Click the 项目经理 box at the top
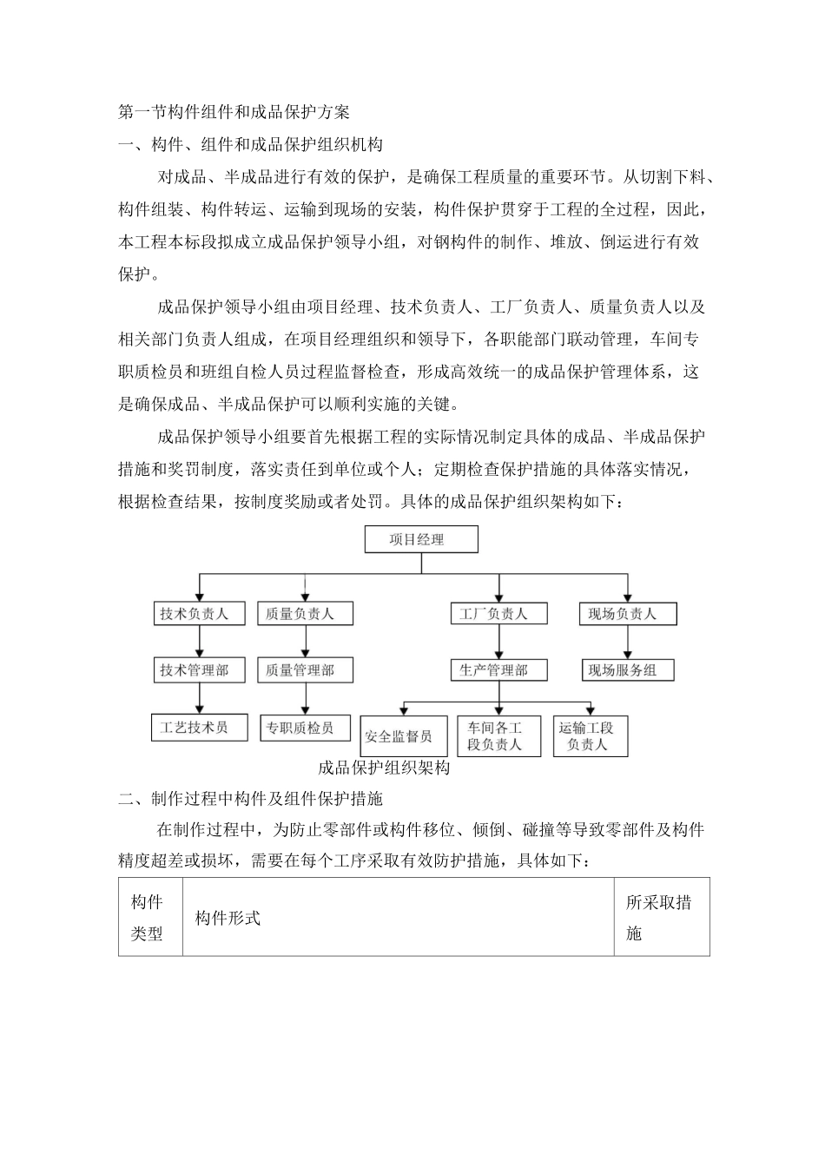tap(421, 539)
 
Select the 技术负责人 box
tap(195, 613)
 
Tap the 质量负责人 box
tap(300, 613)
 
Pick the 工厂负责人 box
tap(493, 613)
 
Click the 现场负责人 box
tap(622, 613)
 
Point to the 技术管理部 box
tap(195, 669)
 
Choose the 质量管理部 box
tap(300, 669)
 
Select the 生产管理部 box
tap(493, 669)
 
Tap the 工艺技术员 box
tap(195, 727)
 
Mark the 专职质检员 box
tap(300, 727)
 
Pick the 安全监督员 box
tap(399, 736)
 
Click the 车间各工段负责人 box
tap(494, 736)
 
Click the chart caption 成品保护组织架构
tap(384, 768)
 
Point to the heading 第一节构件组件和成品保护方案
tap(234, 112)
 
